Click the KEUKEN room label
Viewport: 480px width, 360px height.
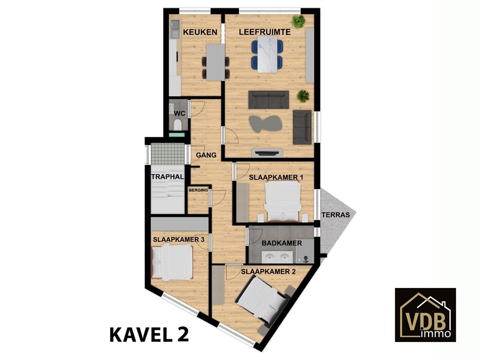(x=200, y=32)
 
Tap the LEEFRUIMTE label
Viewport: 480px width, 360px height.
(x=265, y=32)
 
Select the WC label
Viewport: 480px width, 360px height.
(x=179, y=113)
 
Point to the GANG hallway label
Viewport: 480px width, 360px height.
(x=206, y=155)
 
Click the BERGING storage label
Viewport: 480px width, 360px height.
(x=199, y=190)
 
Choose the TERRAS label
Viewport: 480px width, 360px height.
(x=335, y=215)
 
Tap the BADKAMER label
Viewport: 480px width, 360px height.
(x=281, y=243)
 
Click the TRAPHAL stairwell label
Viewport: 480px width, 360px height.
(x=168, y=176)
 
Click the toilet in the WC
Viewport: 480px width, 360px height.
(x=177, y=125)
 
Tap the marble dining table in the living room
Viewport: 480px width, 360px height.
(x=267, y=54)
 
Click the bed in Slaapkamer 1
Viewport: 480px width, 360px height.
(x=282, y=201)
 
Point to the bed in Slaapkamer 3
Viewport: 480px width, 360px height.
(x=172, y=262)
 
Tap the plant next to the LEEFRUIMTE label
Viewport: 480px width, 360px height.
(x=299, y=21)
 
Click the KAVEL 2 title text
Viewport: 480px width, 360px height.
(x=149, y=335)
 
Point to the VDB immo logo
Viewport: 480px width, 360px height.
(x=425, y=315)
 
